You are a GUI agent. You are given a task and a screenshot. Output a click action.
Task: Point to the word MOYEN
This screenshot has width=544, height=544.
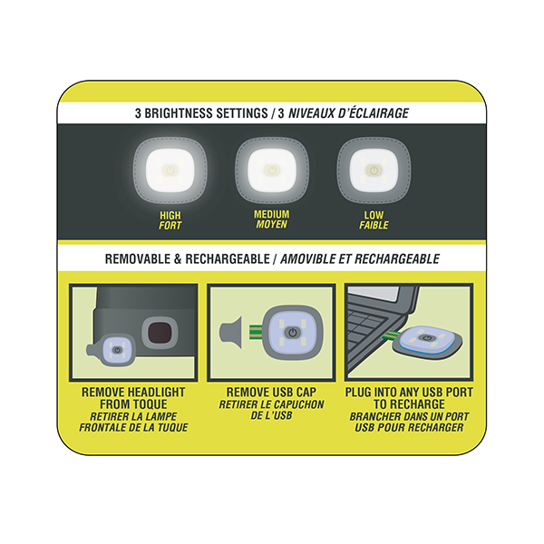tap(271, 225)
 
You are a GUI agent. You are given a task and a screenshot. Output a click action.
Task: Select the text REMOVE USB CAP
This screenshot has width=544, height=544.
tap(270, 392)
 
